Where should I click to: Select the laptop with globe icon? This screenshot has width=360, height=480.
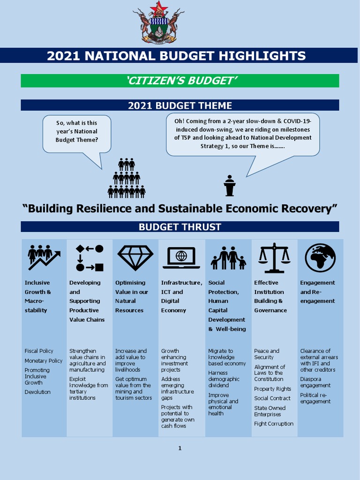181,258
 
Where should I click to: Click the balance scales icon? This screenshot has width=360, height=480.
274,258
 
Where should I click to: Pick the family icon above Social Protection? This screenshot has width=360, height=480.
228,258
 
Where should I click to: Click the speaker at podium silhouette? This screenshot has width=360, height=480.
229,186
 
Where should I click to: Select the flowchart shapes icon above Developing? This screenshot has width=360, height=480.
89,258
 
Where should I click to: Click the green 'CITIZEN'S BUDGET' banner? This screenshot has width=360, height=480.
180,81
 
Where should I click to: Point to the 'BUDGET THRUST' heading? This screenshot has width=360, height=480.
180,227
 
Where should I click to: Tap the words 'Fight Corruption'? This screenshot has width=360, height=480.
274,424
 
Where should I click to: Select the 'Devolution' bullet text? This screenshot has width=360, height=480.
37,392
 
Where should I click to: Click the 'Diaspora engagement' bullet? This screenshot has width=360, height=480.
315,382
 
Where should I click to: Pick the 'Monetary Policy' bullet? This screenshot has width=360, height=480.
44,360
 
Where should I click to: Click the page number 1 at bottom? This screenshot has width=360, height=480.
180,449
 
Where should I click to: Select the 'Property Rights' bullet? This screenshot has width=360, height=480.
272,389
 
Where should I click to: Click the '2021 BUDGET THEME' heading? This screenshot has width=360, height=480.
180,105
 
